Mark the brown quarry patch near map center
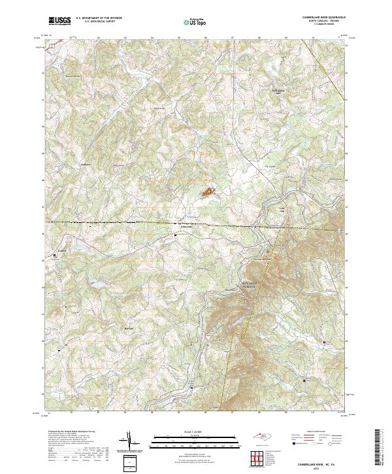click(x=208, y=192)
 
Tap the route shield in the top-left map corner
click(x=57, y=41)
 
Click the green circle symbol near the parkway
click(x=266, y=250)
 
